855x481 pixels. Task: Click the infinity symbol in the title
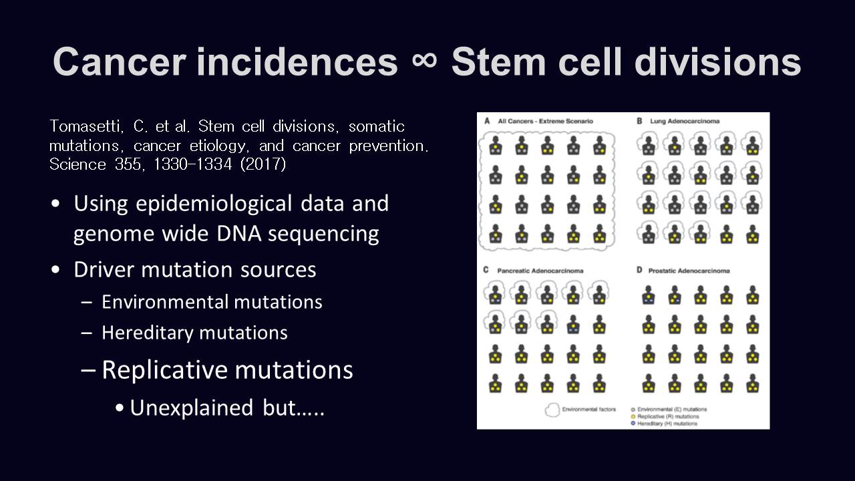click(x=424, y=61)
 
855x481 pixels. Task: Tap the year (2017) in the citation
click(x=263, y=164)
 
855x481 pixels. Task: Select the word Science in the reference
click(x=77, y=164)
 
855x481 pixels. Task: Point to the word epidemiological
click(x=214, y=204)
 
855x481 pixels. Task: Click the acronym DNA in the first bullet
click(x=239, y=233)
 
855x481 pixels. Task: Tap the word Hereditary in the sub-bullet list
click(x=148, y=333)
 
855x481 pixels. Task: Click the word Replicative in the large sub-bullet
click(x=165, y=370)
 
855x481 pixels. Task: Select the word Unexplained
click(x=191, y=408)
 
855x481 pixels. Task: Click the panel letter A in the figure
click(x=487, y=121)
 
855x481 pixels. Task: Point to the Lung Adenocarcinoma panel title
click(x=685, y=121)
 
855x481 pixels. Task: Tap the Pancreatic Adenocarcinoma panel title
click(x=540, y=271)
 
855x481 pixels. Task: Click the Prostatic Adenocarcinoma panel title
click(x=689, y=271)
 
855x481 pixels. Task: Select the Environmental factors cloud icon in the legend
click(x=552, y=410)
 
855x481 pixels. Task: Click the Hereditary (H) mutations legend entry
click(x=665, y=424)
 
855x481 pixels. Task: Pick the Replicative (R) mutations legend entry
click(x=665, y=416)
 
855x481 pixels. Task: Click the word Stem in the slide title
click(x=498, y=62)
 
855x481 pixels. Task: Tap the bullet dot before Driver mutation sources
click(x=55, y=269)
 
